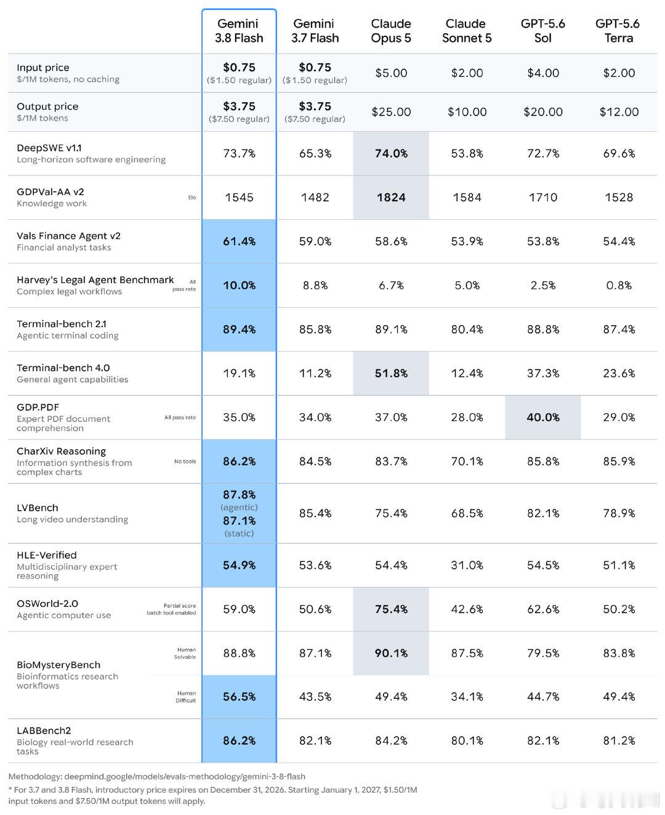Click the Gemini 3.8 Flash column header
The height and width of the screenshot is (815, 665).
[x=239, y=31]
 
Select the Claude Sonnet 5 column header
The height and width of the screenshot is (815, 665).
[x=467, y=31]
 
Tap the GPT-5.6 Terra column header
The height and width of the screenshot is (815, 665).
[x=618, y=31]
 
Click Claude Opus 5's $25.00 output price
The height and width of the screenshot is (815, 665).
[x=391, y=111]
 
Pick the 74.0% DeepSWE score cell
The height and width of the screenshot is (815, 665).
[x=391, y=153]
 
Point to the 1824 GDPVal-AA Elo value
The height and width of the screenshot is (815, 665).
[x=391, y=198]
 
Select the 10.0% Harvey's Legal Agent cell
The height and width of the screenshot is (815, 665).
[x=239, y=285]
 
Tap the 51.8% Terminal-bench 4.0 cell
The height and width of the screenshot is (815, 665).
[x=391, y=373]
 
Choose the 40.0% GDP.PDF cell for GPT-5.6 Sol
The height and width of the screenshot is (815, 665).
[x=543, y=417]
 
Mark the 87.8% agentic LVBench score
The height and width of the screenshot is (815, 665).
[x=239, y=495]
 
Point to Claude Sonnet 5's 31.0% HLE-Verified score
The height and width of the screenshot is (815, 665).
[x=467, y=565]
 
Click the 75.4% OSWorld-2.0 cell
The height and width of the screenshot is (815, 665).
[x=391, y=609]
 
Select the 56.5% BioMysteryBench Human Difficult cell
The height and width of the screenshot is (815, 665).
[x=239, y=697]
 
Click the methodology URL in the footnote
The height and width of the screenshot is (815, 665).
[x=185, y=777]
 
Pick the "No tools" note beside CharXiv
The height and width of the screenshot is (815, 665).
[x=185, y=462]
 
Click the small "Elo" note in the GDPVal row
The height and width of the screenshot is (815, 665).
[x=191, y=198]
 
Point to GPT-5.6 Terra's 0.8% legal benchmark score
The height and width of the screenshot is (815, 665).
[x=619, y=285]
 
